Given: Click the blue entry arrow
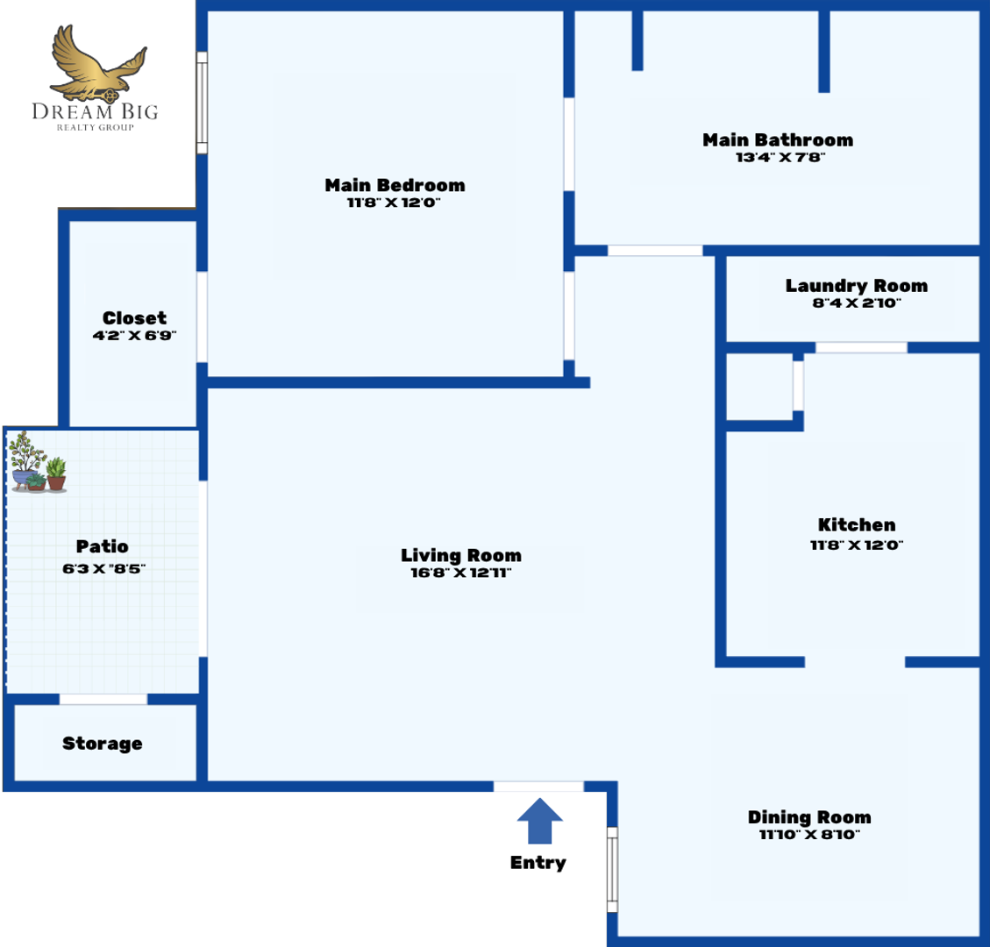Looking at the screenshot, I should [x=539, y=822].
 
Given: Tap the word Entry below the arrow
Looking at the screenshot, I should [x=538, y=863].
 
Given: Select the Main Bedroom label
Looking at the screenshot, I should [x=395, y=185].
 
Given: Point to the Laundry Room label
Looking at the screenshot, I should [x=856, y=286].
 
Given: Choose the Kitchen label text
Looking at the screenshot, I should [x=857, y=525].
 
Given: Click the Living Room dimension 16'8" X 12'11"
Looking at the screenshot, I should [x=461, y=573].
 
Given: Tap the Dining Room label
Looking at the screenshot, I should [x=809, y=817].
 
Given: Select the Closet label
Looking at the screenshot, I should [x=134, y=318].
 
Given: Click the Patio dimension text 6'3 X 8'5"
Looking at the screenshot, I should [x=103, y=568].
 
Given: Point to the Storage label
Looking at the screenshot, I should [x=102, y=744].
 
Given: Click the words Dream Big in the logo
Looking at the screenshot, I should [x=96, y=111].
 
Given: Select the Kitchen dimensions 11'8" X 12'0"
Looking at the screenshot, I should [x=857, y=545].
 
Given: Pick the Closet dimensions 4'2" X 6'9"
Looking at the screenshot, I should [x=134, y=336].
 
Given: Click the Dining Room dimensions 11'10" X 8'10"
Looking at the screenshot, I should [x=809, y=835].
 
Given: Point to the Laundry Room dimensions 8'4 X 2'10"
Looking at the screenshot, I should [x=856, y=303].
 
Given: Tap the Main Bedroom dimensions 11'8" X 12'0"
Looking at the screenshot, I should [x=395, y=203].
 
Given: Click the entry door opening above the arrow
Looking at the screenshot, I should [x=538, y=786].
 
